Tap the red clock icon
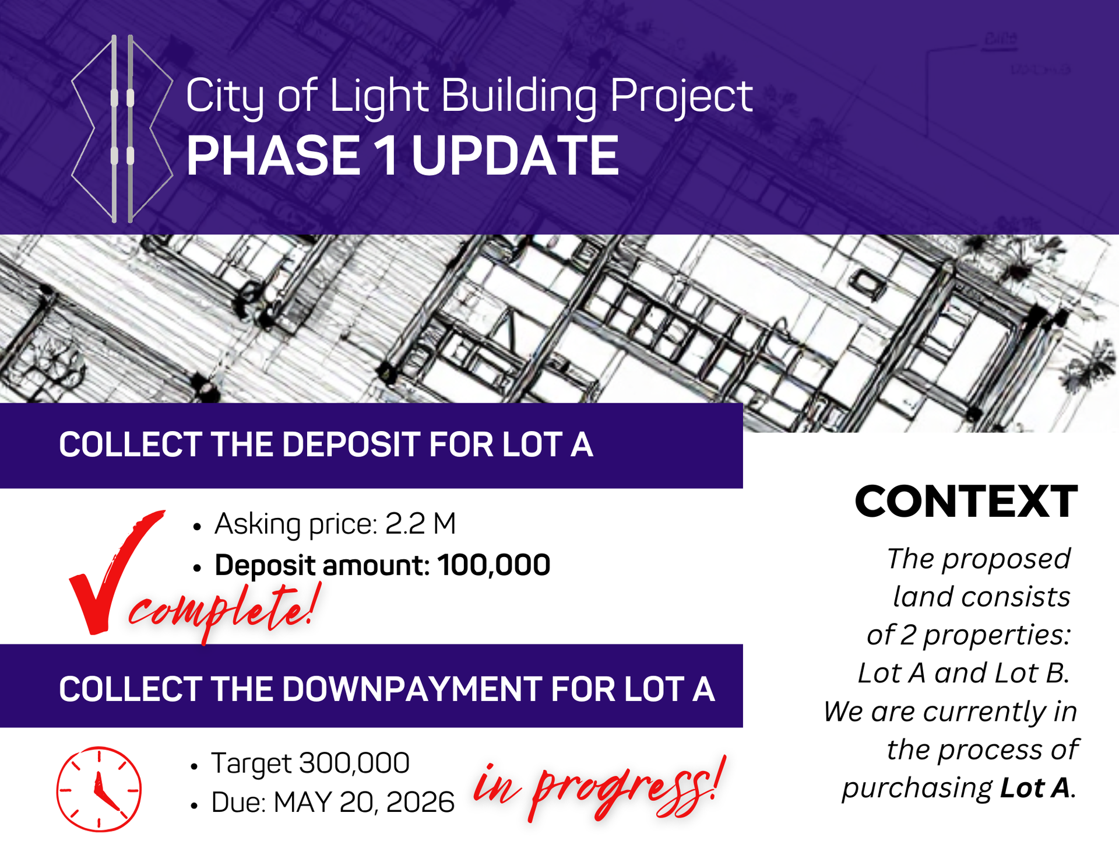tap(98, 789)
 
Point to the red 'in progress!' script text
tap(600, 787)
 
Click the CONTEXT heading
tap(966, 501)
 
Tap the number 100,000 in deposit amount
tap(494, 565)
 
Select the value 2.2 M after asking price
tap(420, 523)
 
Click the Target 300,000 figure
tap(311, 763)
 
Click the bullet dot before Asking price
tap(197, 527)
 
